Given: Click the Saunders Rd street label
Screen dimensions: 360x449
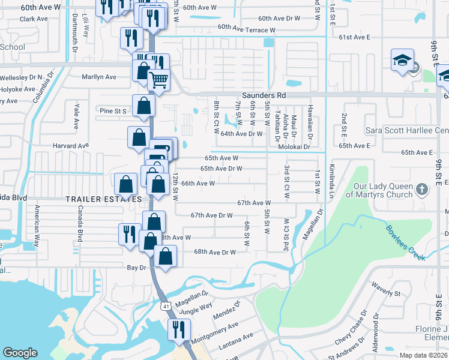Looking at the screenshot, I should coord(264,95).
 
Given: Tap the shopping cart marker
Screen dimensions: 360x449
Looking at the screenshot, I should coord(158,80).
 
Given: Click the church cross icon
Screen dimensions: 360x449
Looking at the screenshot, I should coord(422,190).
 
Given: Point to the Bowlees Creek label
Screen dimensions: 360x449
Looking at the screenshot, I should coord(405,242).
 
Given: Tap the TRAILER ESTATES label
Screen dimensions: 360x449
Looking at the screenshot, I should coord(103,199).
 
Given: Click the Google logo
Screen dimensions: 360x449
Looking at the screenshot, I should coord(20,353).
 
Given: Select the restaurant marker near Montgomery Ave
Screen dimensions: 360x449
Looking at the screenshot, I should coord(179,330).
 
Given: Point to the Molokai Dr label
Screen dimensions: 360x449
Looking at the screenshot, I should coord(294,146).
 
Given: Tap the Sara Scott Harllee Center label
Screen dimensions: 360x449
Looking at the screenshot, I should coord(407,130).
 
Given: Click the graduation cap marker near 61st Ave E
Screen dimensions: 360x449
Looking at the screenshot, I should coord(402,61).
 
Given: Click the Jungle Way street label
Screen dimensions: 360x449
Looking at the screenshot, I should coord(196,306).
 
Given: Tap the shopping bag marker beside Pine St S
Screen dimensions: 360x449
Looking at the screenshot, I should coord(144,106).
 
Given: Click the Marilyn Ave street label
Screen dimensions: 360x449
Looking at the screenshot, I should coord(99,77).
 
